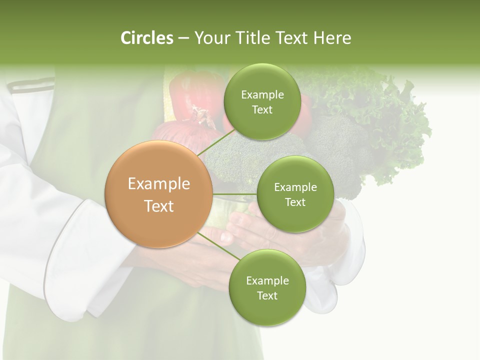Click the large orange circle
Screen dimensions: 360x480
pyautogui.click(x=159, y=194)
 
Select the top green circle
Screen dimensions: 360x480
pyautogui.click(x=262, y=101)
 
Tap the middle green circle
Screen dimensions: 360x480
pyautogui.click(x=295, y=194)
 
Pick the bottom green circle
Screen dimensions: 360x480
pyautogui.click(x=267, y=287)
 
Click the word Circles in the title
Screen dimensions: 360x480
pyautogui.click(x=147, y=38)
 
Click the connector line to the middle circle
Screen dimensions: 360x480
pyautogui.click(x=235, y=193)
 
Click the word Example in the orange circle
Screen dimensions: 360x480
pyautogui.click(x=159, y=183)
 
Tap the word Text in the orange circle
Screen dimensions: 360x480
pyautogui.click(x=159, y=206)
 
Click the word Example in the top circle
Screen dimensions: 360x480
pyautogui.click(x=262, y=94)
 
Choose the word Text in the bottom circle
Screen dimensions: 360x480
pyautogui.click(x=267, y=295)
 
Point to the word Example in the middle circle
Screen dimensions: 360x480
pyautogui.click(x=295, y=187)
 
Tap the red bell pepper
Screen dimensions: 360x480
pyautogui.click(x=192, y=95)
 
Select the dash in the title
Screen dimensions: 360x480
pyautogui.click(x=183, y=38)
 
